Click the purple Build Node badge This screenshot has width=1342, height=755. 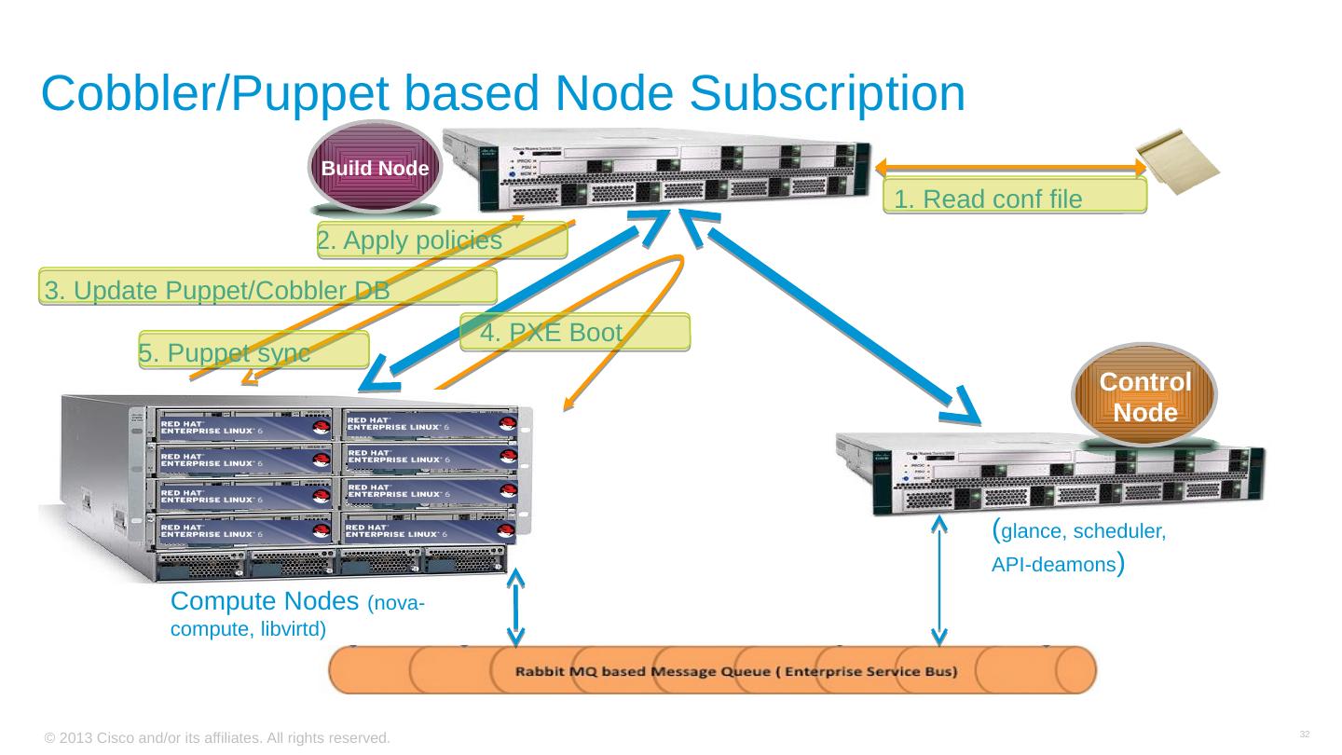(x=375, y=168)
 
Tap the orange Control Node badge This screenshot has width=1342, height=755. (x=1145, y=395)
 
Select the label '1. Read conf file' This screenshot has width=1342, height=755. (x=1014, y=198)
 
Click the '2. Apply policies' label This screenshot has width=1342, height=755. (x=442, y=241)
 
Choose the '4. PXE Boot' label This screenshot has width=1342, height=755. (x=574, y=332)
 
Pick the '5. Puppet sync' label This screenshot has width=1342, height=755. (x=253, y=351)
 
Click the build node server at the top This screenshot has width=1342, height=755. (x=671, y=168)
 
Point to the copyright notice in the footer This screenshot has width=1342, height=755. (x=216, y=737)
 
